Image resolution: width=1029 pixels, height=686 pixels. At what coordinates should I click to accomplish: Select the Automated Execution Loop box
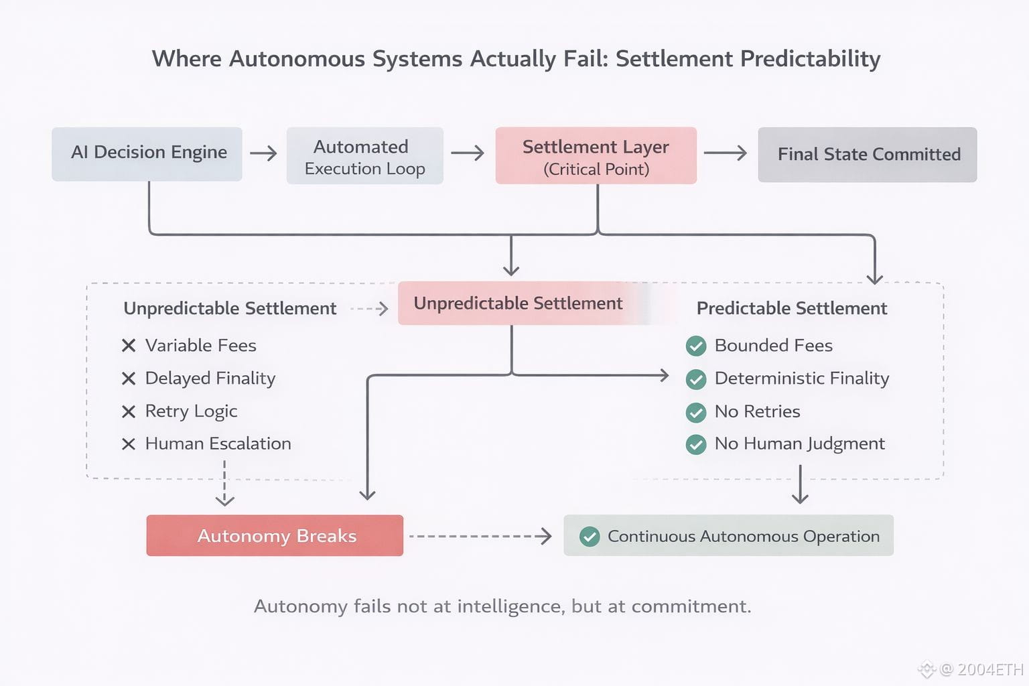(x=365, y=156)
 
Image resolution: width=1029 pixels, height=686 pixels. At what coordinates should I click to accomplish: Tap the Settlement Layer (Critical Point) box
(x=596, y=156)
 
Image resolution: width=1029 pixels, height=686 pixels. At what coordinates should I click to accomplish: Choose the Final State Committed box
(x=868, y=155)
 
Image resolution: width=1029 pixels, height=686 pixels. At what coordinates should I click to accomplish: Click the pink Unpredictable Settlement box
(x=518, y=303)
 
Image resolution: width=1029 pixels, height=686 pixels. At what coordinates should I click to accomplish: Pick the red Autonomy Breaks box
(x=275, y=535)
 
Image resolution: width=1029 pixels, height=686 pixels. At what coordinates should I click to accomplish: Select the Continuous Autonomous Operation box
(x=728, y=536)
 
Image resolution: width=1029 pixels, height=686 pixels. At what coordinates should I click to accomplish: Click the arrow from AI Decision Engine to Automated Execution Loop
(x=264, y=153)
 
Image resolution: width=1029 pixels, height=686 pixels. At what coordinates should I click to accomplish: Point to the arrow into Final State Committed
(x=726, y=153)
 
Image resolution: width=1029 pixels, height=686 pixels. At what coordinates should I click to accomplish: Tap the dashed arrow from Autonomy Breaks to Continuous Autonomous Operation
(x=480, y=536)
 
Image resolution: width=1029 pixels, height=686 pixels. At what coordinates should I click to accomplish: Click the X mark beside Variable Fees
(x=129, y=346)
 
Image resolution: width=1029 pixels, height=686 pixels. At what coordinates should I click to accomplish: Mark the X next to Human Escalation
(x=129, y=444)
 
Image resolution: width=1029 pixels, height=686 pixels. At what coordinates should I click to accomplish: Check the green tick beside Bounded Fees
(x=696, y=346)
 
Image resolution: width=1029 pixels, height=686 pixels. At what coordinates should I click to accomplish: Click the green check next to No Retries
(x=696, y=412)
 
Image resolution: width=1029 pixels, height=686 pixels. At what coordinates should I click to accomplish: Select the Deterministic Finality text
(x=802, y=379)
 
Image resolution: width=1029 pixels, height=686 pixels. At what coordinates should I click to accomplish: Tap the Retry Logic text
(x=191, y=411)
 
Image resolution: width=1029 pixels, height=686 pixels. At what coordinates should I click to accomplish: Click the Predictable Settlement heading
(x=792, y=308)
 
